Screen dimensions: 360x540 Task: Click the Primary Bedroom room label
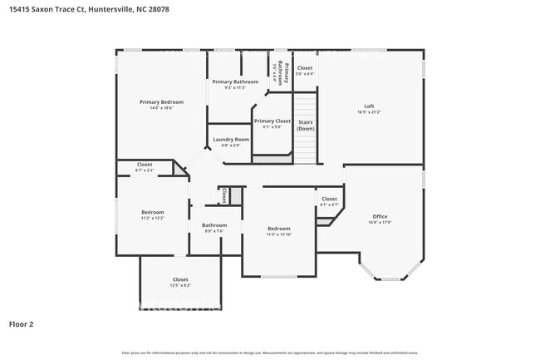pyautogui.click(x=161, y=101)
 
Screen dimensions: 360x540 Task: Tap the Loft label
pyautogui.click(x=370, y=106)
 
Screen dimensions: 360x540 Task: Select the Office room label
pyautogui.click(x=380, y=216)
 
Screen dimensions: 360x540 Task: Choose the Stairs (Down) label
pyautogui.click(x=306, y=125)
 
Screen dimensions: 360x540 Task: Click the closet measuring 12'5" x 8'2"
pyautogui.click(x=180, y=279)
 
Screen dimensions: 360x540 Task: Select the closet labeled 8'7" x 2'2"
pyautogui.click(x=145, y=167)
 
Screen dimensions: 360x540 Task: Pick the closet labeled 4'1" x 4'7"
pyautogui.click(x=329, y=201)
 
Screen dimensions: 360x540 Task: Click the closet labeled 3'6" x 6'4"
pyautogui.click(x=305, y=70)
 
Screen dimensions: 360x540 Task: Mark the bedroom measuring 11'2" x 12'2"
pyautogui.click(x=152, y=215)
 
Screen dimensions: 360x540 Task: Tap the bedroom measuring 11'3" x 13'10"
pyautogui.click(x=278, y=231)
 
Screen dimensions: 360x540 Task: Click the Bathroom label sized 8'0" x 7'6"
pyautogui.click(x=214, y=227)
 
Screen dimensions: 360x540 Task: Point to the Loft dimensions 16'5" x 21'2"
pyautogui.click(x=370, y=111)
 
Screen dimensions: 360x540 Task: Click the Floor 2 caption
pyautogui.click(x=21, y=323)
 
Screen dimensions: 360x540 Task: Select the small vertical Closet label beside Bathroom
pyautogui.click(x=224, y=195)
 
